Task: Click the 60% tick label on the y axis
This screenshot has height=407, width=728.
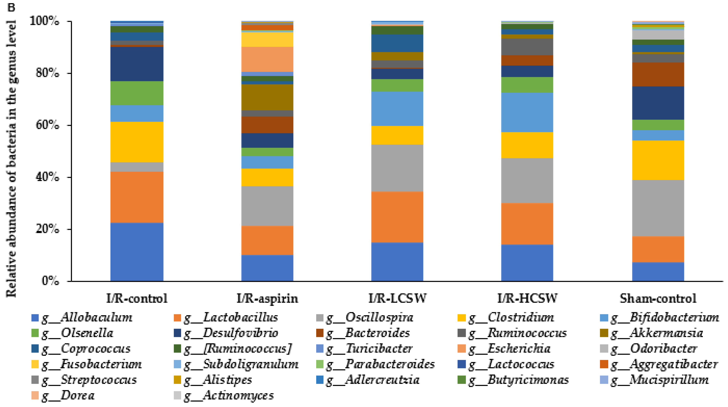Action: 48,125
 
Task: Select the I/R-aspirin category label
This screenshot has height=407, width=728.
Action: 267,298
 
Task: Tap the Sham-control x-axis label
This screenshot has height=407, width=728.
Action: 658,298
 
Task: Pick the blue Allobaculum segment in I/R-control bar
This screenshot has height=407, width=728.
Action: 137,252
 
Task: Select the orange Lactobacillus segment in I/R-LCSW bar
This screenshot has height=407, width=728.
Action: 397,217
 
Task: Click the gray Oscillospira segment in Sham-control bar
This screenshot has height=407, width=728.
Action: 658,208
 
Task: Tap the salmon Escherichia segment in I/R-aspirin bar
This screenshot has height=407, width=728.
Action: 267,59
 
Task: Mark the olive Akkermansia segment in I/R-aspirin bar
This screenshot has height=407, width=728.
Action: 267,97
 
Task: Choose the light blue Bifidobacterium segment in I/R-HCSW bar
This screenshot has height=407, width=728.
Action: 527,112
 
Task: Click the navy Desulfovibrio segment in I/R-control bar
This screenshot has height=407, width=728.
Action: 137,64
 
